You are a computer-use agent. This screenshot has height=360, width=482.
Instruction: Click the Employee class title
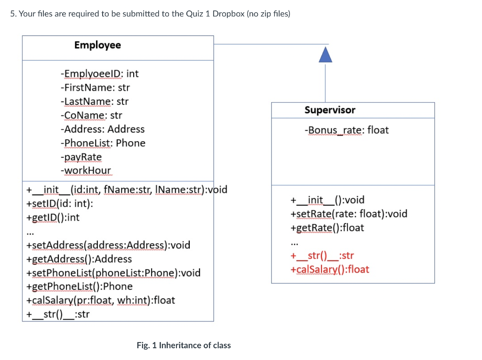[97, 45]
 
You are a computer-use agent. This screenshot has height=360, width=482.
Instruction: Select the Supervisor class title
[329, 110]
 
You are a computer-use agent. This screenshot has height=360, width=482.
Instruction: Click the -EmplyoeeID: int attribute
[99, 74]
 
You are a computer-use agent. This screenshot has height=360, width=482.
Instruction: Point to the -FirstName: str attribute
[95, 88]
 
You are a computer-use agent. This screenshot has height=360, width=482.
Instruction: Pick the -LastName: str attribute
[94, 102]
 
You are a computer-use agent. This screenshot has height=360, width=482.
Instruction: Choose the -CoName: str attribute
[91, 115]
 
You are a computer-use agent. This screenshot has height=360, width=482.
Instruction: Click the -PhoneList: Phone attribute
[103, 143]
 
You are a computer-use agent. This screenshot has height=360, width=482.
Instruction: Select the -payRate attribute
[81, 157]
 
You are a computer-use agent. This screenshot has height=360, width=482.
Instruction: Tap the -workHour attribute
[86, 170]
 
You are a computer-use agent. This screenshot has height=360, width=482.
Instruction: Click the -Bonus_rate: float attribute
[346, 130]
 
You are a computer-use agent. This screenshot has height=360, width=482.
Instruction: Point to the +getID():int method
[53, 217]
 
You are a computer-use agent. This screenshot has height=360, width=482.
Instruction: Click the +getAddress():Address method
[79, 259]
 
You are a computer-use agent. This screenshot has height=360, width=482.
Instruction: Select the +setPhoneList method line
[113, 273]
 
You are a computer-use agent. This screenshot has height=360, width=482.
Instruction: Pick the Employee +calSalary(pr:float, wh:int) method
[101, 300]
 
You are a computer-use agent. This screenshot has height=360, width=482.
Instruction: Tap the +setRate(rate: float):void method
[349, 214]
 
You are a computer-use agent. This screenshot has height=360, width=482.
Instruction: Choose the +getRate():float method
[327, 228]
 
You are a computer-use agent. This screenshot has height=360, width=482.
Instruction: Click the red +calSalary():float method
[329, 270]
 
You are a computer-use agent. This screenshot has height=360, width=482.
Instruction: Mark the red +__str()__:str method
[322, 256]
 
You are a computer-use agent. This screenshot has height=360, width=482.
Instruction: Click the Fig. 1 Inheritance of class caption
[184, 345]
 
